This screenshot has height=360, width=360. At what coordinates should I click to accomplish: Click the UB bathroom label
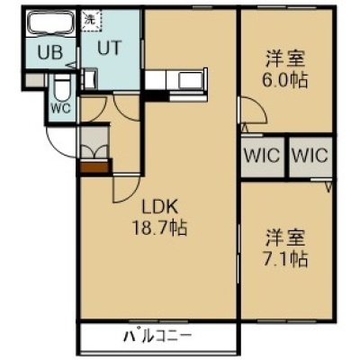[x=50, y=53]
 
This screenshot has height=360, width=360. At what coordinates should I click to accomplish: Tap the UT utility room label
[x=110, y=48]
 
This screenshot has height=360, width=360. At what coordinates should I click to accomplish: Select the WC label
[x=60, y=108]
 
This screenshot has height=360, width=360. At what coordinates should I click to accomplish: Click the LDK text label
[x=160, y=207]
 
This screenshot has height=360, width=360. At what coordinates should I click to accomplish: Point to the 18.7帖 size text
[x=160, y=228]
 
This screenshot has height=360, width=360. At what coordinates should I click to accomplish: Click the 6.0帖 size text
[x=285, y=80]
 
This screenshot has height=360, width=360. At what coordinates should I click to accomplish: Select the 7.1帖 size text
[x=285, y=259]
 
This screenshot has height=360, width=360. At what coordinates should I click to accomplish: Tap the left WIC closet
[x=263, y=157]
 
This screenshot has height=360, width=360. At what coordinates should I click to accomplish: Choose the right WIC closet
[x=310, y=157]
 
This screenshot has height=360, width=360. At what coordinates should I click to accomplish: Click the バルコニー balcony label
[x=157, y=337]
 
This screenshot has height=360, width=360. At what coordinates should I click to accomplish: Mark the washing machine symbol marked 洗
[x=92, y=20]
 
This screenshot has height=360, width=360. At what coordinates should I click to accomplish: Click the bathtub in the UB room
[x=50, y=22]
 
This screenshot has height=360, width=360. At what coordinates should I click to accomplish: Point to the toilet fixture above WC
[x=62, y=87]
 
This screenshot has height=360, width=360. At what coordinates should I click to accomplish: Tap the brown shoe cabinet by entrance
[x=94, y=167]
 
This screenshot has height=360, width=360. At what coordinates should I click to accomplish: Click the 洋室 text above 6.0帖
[x=285, y=59]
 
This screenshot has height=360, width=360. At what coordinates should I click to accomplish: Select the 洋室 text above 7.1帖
[x=285, y=238]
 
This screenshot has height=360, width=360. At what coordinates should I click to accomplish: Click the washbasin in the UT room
[x=90, y=79]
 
